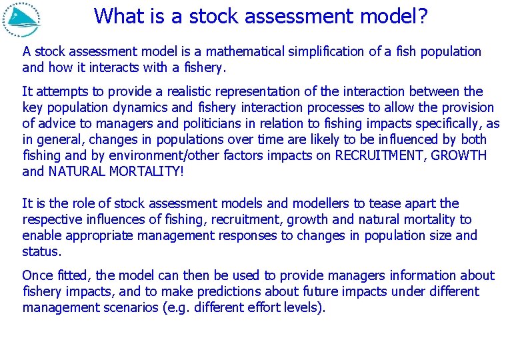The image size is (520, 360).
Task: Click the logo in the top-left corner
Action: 21,19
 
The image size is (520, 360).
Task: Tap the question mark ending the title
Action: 422,15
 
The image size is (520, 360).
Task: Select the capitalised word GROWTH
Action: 461,155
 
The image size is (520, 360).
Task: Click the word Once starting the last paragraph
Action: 39,275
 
